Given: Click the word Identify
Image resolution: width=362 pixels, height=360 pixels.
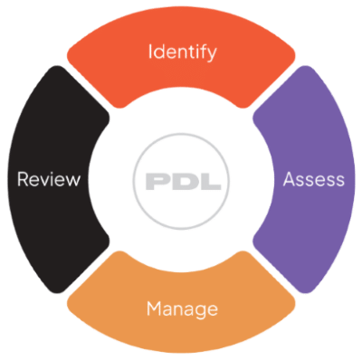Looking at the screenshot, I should [x=182, y=52].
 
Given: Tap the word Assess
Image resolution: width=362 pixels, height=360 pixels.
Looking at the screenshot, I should [x=313, y=179].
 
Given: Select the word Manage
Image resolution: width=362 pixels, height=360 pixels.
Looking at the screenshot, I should [x=182, y=309].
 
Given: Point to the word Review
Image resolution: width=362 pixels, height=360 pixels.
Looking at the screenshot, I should [x=49, y=179].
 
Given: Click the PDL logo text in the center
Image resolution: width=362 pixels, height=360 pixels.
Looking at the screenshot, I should [x=181, y=181].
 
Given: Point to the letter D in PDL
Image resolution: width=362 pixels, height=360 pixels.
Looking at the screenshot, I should [x=181, y=181].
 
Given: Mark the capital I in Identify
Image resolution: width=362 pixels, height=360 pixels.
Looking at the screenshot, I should [x=151, y=52].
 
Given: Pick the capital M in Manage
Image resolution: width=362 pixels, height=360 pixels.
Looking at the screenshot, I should [x=153, y=309].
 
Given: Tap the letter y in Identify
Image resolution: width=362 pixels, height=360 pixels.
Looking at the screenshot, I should [x=212, y=54].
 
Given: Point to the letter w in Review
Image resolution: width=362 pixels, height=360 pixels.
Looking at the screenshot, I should [x=73, y=180].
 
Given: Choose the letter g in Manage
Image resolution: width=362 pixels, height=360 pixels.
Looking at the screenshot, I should [x=201, y=312].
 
